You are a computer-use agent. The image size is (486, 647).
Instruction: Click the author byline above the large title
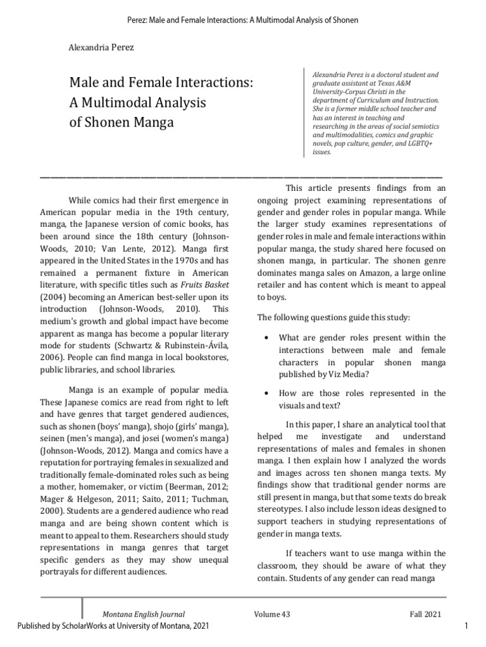[102, 47]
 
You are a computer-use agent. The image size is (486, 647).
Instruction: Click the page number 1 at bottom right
[465, 626]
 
